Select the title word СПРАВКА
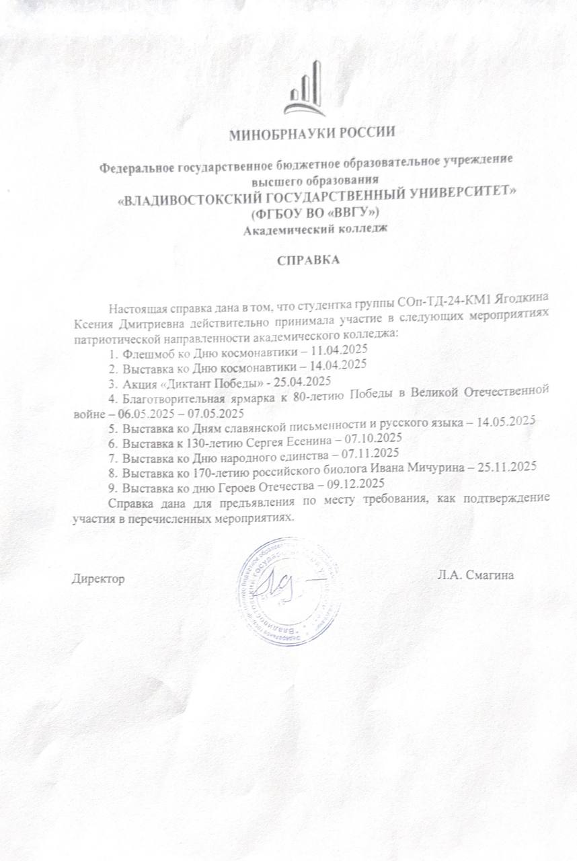point(309,259)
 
